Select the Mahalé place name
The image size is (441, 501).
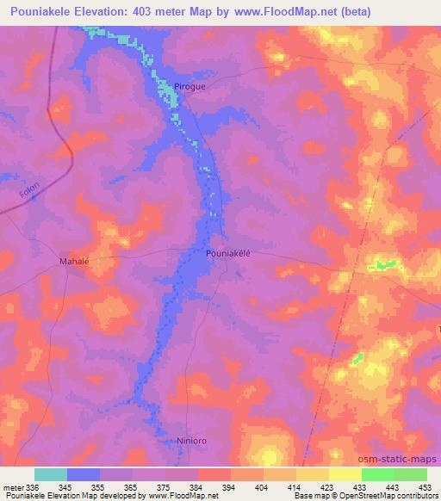pos(74,260)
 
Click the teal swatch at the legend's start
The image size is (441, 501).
pos(51,474)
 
